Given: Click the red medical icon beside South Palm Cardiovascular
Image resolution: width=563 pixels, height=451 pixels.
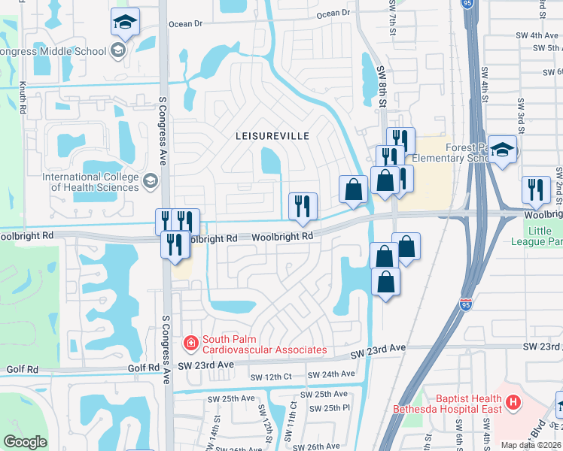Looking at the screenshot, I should click(191, 344).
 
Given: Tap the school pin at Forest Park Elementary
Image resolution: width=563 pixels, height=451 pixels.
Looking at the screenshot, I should click(502, 150).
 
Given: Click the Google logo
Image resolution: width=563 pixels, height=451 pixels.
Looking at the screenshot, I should click(25, 442).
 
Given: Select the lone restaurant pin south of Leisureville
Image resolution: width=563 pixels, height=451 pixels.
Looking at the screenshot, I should click(303, 206).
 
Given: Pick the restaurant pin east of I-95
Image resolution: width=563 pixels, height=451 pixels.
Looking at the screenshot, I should click(536, 190).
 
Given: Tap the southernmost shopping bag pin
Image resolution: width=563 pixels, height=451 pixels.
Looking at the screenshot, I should click(385, 283).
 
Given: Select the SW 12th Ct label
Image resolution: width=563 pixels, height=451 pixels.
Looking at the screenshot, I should click(270, 377).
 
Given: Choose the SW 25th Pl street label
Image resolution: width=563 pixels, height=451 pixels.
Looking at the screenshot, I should click(335, 407).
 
